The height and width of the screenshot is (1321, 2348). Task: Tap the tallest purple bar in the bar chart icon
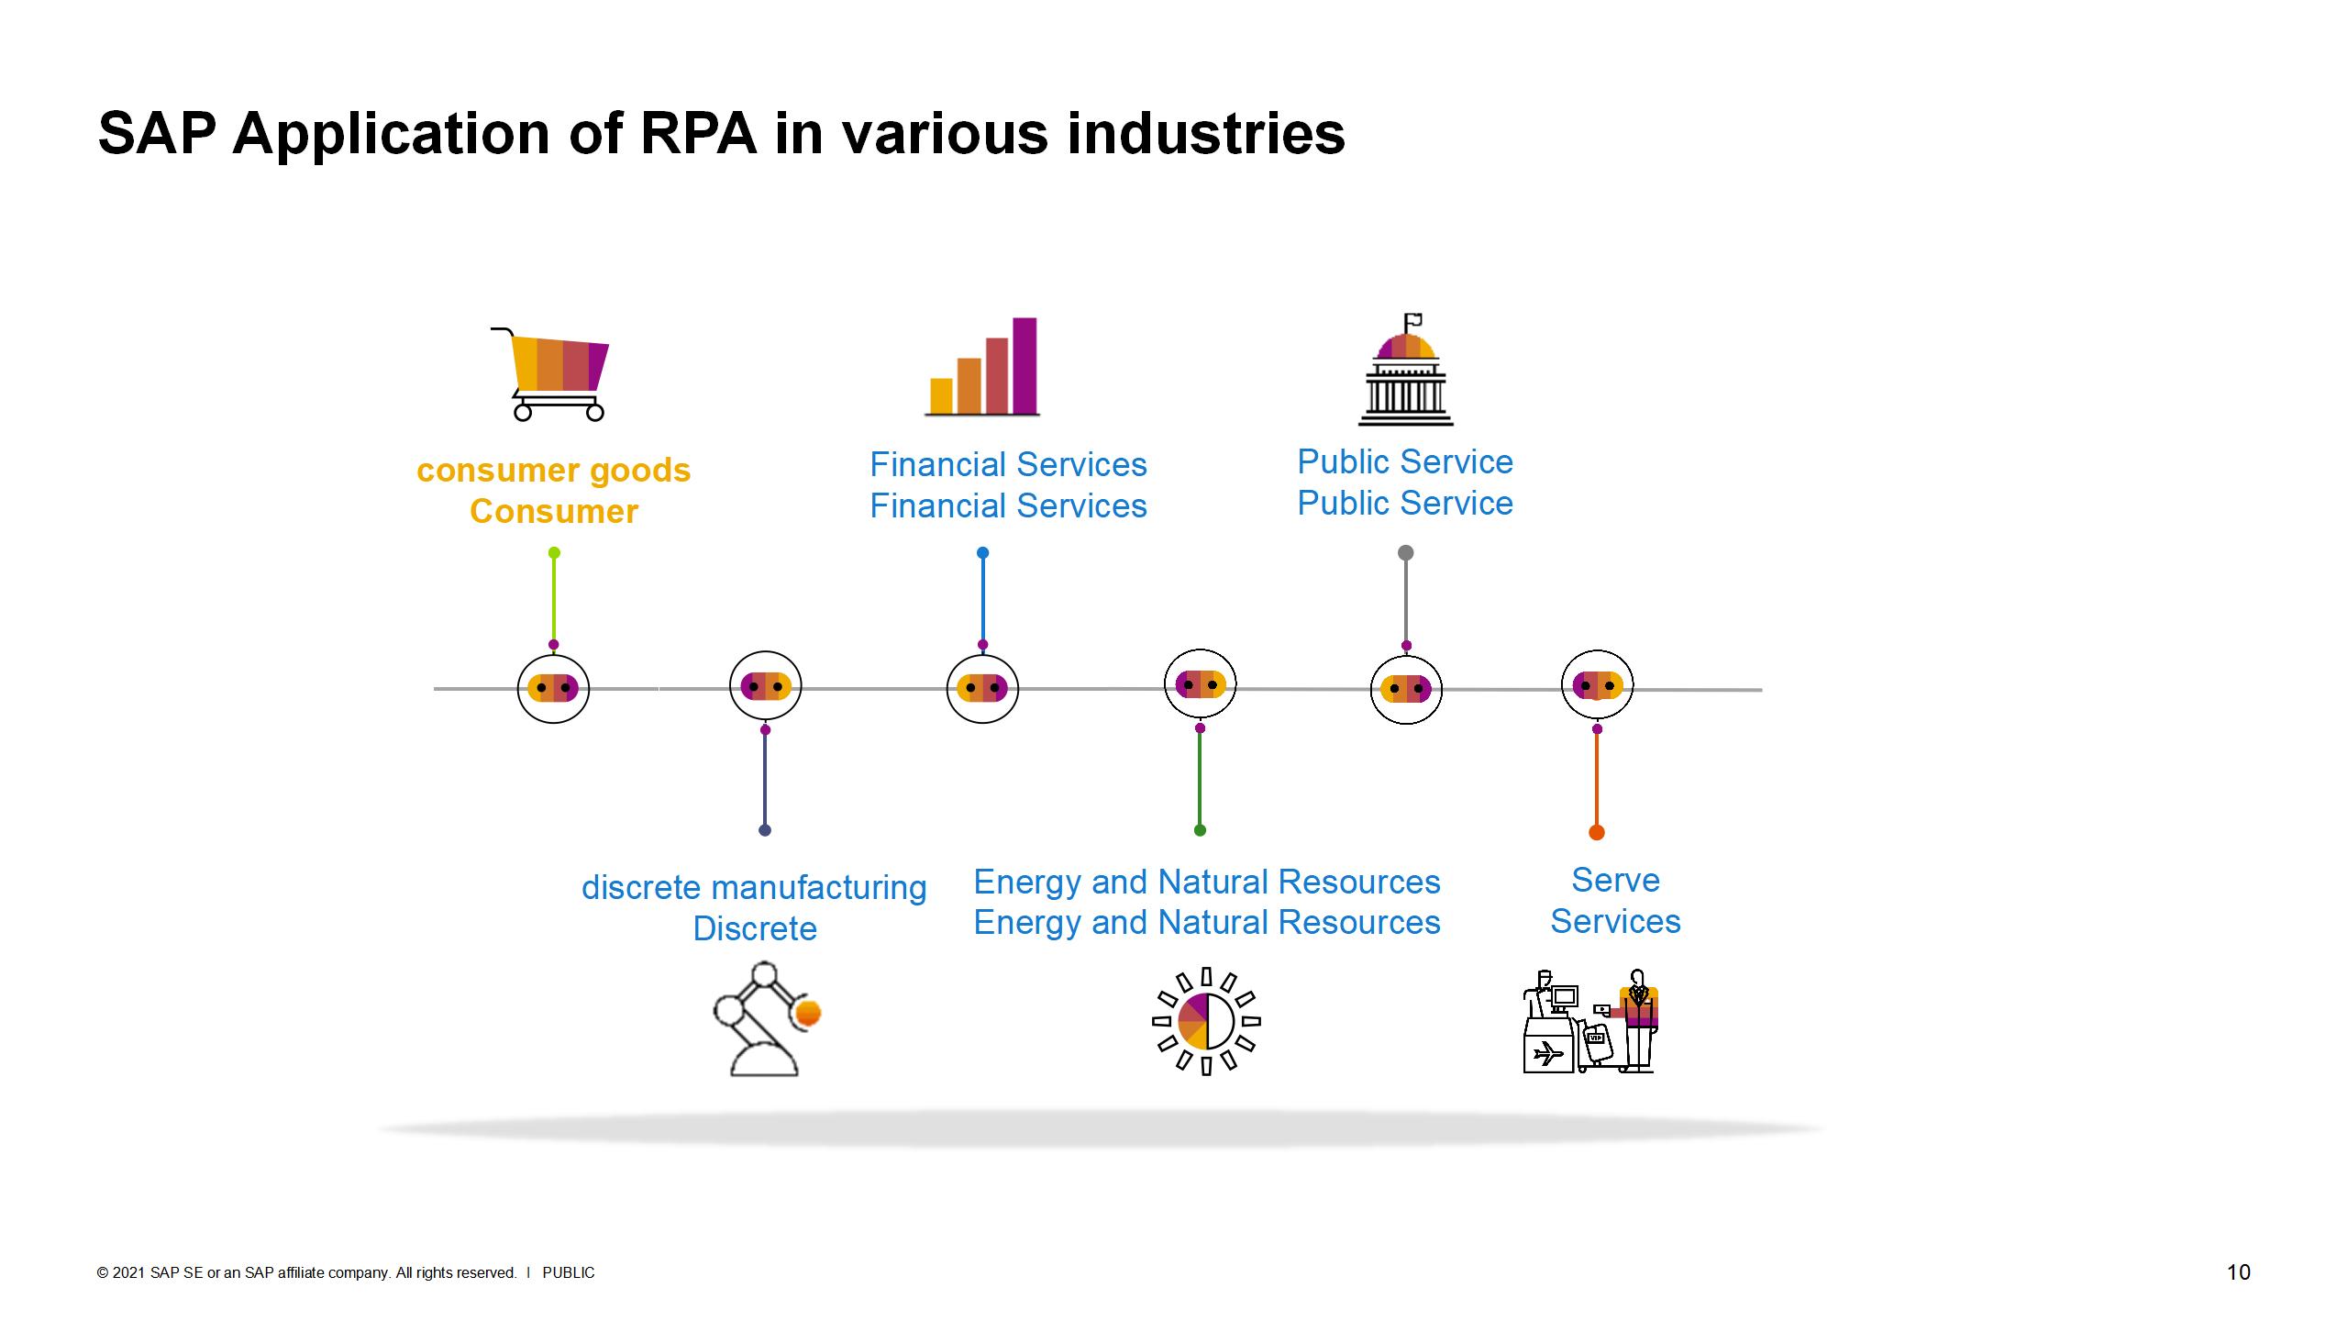1024,365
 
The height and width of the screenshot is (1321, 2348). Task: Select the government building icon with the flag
1405,371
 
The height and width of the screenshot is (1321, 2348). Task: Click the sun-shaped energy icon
1206,1020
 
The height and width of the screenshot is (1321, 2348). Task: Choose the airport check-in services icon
1590,1022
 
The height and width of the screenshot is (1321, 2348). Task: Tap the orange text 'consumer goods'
553,470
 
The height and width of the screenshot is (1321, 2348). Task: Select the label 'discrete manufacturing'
754,887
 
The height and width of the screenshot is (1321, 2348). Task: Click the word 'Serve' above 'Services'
1615,880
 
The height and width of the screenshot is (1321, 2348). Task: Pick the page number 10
2238,1271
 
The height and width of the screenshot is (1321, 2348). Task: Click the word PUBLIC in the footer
569,1272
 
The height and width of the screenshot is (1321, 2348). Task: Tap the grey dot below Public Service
1405,552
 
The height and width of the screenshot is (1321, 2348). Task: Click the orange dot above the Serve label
1597,832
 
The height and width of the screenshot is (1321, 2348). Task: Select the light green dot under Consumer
554,552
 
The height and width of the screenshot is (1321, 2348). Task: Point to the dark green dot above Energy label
1200,830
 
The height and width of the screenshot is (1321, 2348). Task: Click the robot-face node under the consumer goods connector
553,688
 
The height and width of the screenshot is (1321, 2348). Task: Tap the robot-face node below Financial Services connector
982,688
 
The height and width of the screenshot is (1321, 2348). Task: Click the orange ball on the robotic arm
809,1013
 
